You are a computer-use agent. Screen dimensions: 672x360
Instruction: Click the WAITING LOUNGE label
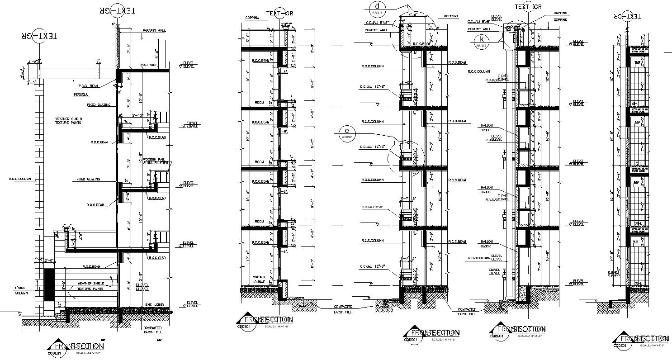259,279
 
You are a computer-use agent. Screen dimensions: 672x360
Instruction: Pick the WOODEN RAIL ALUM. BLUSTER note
156,161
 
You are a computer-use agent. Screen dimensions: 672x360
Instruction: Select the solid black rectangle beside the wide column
48,285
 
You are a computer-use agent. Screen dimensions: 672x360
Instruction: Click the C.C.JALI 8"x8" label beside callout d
378,22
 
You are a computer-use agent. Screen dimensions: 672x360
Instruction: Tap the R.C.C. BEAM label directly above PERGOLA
88,85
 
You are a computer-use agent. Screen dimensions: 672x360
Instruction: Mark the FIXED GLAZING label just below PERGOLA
99,105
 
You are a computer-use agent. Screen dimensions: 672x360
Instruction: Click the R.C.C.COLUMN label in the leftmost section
20,179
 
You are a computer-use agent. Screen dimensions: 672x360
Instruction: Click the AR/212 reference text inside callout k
480,45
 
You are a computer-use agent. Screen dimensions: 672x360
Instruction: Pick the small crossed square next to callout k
509,28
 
